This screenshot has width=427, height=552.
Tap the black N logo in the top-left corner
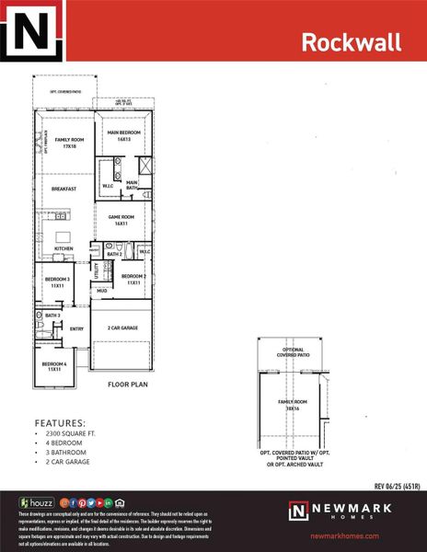(x=32, y=32)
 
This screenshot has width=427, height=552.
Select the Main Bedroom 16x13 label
(x=123, y=135)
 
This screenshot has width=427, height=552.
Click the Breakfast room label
(x=63, y=189)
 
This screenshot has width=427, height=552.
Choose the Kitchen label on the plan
(x=63, y=248)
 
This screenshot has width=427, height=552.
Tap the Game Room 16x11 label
(x=122, y=220)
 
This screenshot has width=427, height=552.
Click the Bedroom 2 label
(x=133, y=279)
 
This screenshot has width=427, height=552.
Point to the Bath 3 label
(x=52, y=316)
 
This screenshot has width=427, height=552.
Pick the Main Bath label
(x=132, y=184)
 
